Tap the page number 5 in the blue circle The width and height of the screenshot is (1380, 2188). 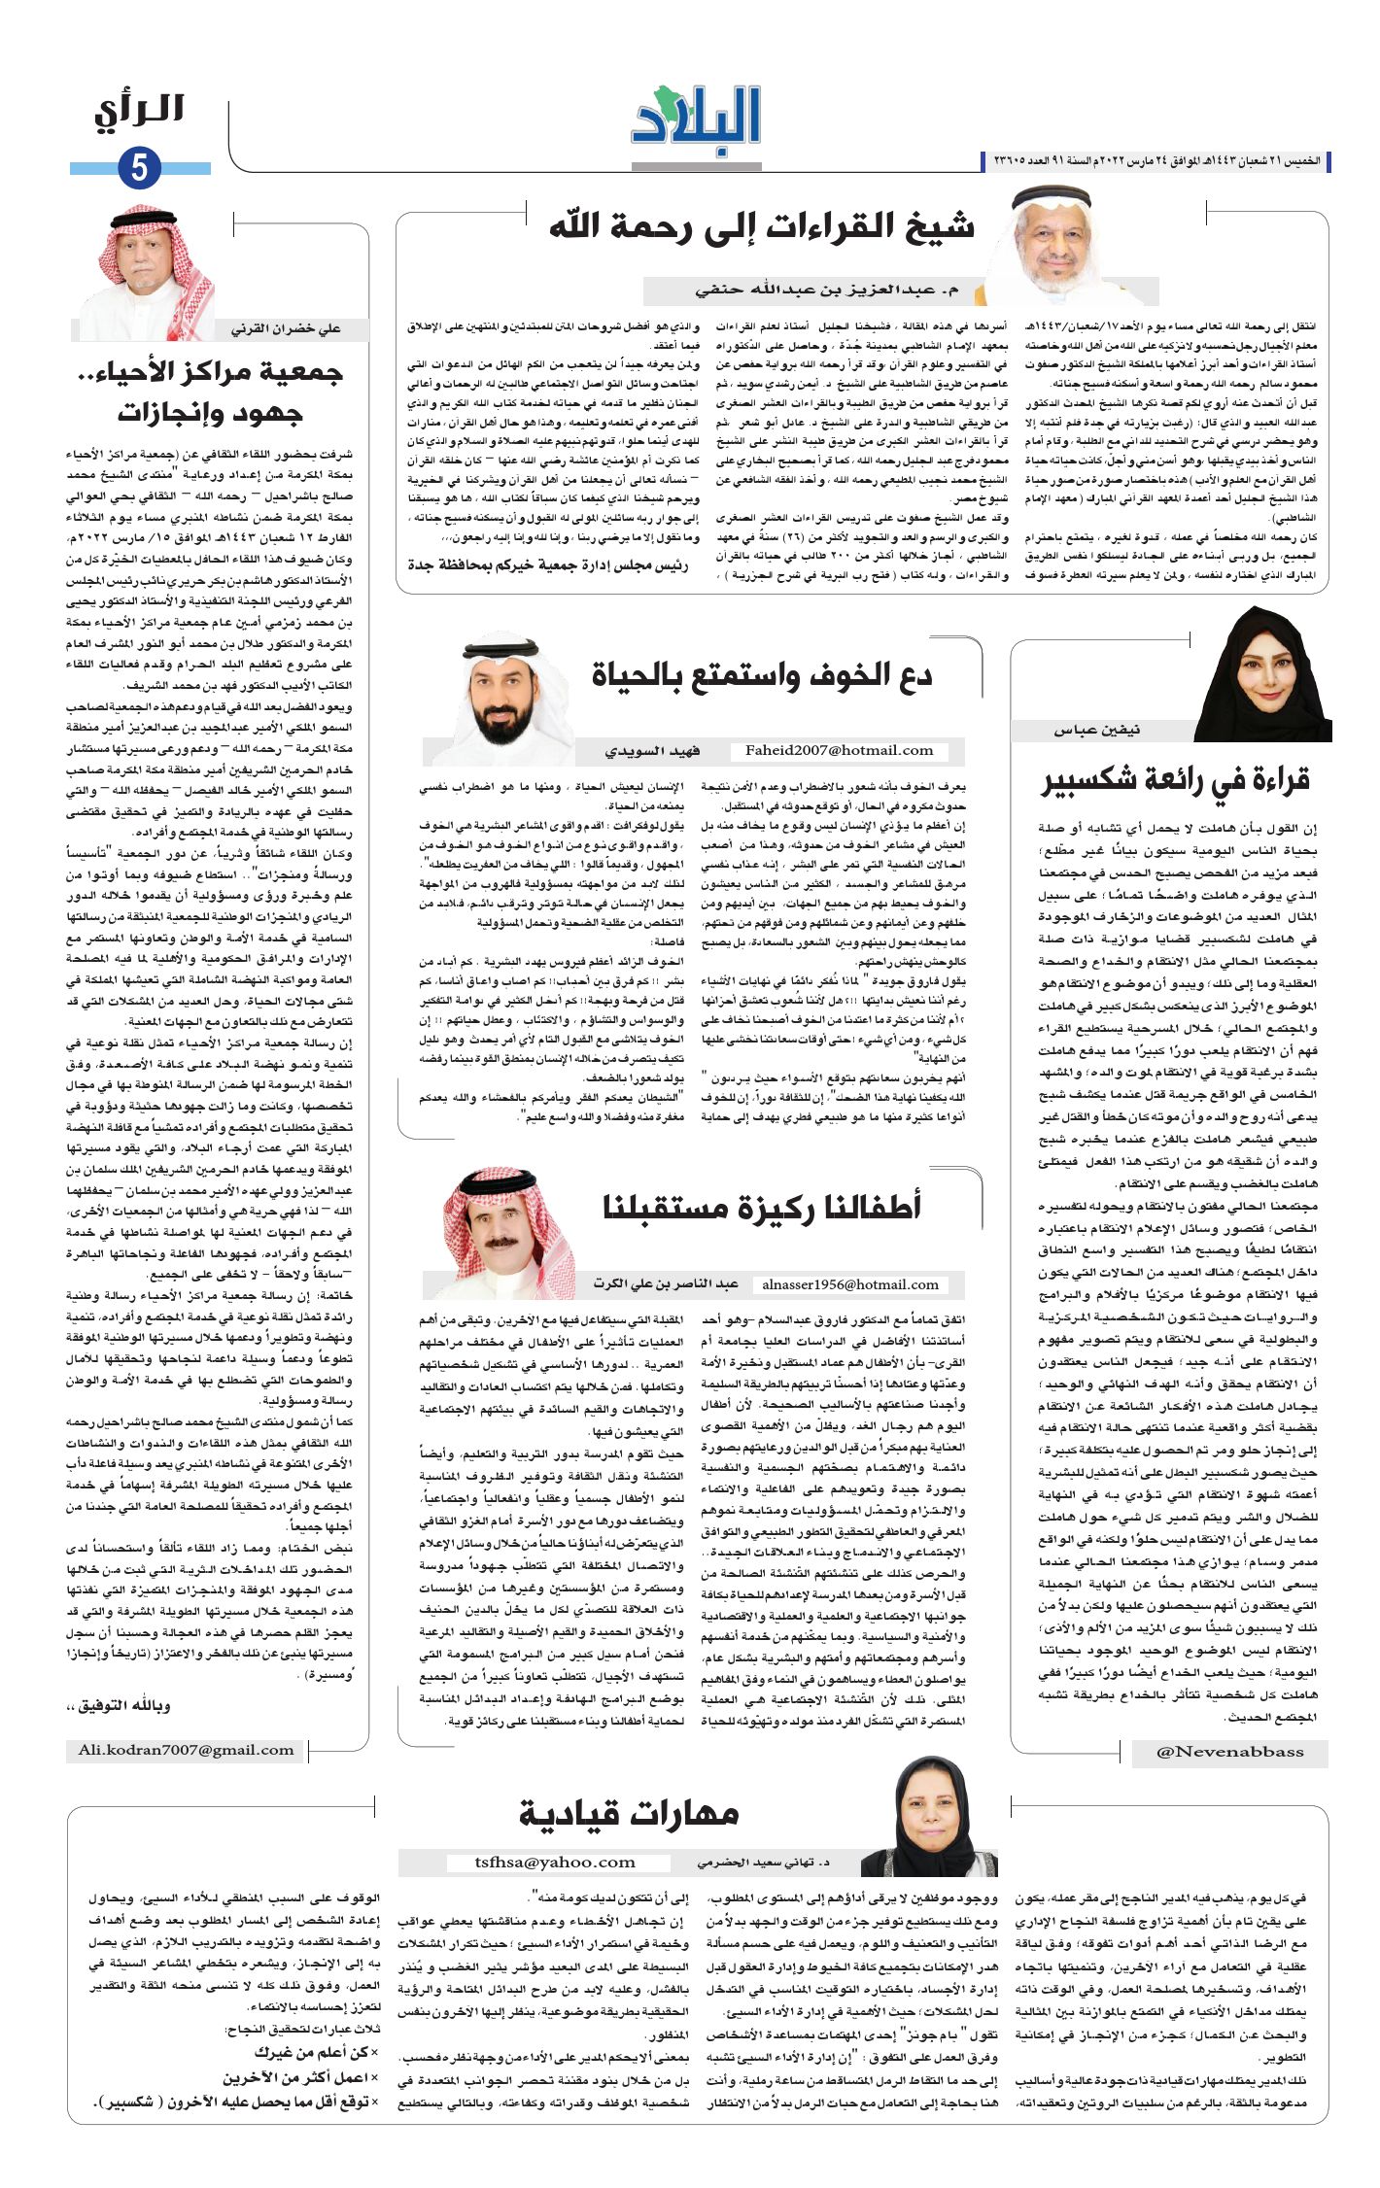(x=139, y=168)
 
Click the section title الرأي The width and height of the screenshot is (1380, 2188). (x=139, y=112)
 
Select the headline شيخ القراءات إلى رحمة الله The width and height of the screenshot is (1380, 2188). (x=761, y=227)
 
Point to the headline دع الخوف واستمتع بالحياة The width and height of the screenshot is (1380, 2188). (x=761, y=676)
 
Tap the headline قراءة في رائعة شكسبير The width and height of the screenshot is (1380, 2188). (x=1175, y=780)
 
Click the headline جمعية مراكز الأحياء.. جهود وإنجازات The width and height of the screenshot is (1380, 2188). (x=210, y=392)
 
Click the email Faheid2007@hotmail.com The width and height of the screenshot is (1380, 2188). (x=839, y=750)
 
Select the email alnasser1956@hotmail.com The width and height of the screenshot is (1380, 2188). (x=850, y=1284)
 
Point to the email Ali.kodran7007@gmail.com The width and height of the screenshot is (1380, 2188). (x=186, y=1750)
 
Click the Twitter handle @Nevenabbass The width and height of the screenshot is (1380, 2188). (x=1229, y=1752)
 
